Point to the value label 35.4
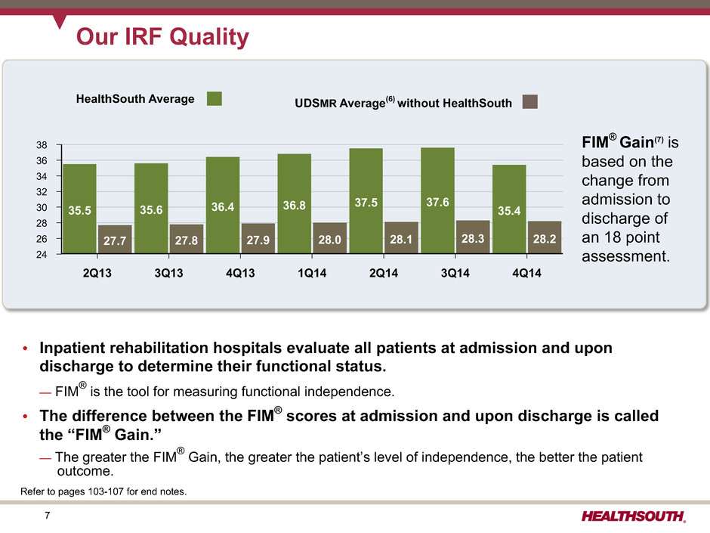click(x=510, y=212)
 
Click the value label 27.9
click(x=258, y=241)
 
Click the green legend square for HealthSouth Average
click(x=215, y=99)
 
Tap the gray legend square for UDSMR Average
click(x=530, y=101)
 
